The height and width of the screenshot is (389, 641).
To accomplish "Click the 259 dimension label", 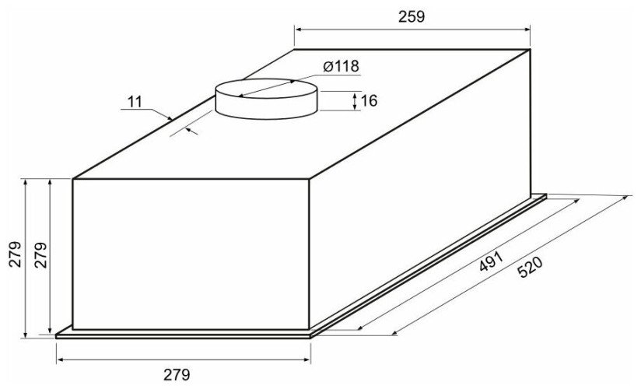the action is [x=412, y=17].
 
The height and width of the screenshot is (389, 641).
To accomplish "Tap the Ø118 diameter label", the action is [x=341, y=66].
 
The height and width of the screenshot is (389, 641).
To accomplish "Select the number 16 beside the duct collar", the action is [x=369, y=100].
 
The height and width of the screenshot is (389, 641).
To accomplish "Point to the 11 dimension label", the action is [x=135, y=101].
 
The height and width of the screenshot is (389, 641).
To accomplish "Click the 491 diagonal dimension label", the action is [x=491, y=261].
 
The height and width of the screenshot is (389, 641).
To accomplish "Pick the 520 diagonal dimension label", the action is [x=530, y=267].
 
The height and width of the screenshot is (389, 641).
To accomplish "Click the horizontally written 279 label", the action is [x=177, y=374].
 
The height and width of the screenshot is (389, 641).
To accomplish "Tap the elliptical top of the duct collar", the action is [x=266, y=89].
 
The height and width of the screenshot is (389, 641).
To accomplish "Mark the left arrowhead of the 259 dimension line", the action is [x=298, y=30].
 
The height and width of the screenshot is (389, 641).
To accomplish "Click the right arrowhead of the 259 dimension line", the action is [x=527, y=30].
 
